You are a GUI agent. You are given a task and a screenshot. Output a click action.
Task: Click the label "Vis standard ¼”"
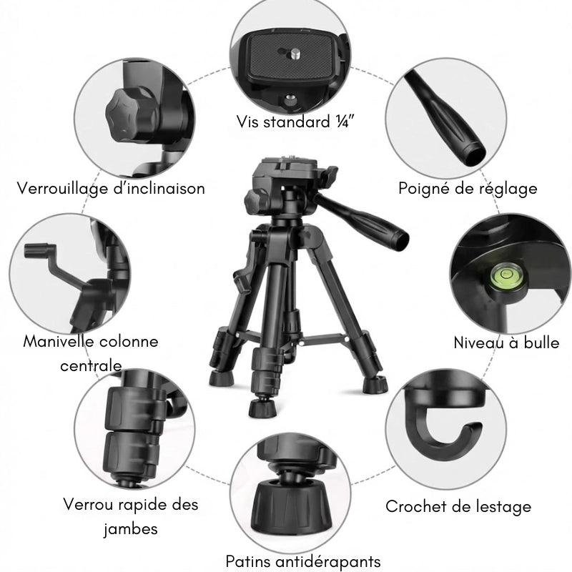pyautogui.click(x=295, y=122)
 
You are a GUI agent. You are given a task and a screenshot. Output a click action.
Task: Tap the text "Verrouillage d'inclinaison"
pyautogui.click(x=112, y=189)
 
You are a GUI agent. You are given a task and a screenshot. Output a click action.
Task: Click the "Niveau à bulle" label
pyautogui.click(x=506, y=342)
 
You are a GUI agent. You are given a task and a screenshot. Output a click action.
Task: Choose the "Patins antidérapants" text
pyautogui.click(x=302, y=561)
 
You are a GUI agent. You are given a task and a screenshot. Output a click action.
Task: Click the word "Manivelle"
pyautogui.click(x=59, y=341)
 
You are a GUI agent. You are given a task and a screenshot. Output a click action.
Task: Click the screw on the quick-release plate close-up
pyautogui.click(x=295, y=51)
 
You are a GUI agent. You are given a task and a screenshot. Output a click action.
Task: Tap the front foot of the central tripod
pyautogui.click(x=262, y=409)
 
